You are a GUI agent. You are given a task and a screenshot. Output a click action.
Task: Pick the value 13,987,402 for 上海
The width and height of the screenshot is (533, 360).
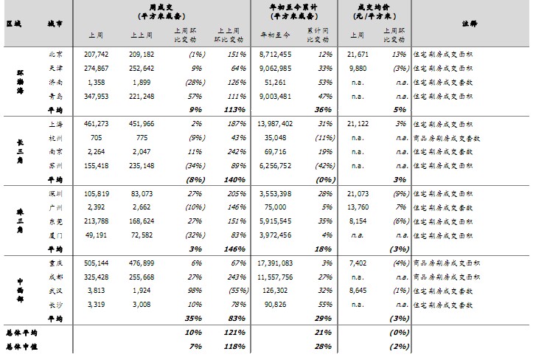click(x=276, y=125)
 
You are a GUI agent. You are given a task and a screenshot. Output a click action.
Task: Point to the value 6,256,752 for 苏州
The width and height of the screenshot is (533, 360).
click(x=276, y=166)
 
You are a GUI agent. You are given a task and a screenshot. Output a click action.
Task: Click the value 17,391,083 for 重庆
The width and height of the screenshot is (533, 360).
click(x=276, y=263)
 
